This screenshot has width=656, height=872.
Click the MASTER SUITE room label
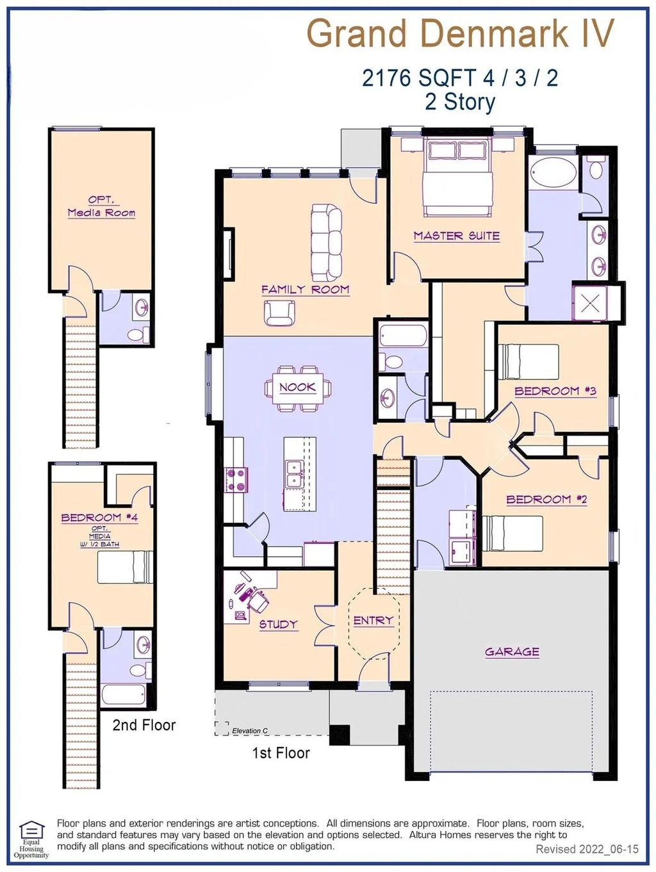pyautogui.click(x=457, y=236)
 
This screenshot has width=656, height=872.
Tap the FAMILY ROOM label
pyautogui.click(x=306, y=290)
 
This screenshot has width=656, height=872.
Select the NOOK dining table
pyautogui.click(x=298, y=388)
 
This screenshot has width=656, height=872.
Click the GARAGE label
pyautogui.click(x=512, y=652)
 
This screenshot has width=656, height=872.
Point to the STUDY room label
pyautogui.click(x=279, y=624)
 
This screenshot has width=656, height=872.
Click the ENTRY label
pyautogui.click(x=373, y=620)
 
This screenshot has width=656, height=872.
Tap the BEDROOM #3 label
pyautogui.click(x=555, y=391)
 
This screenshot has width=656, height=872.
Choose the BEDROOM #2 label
pyautogui.click(x=547, y=499)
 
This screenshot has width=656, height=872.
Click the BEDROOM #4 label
pyautogui.click(x=100, y=518)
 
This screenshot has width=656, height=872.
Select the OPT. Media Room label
pyautogui.click(x=102, y=206)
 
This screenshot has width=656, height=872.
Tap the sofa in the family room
pyautogui.click(x=327, y=243)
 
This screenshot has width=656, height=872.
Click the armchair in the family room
pyautogui.click(x=279, y=313)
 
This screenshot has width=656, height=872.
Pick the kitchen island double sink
pyautogui.click(x=295, y=474)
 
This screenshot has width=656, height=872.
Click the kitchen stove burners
pyautogui.click(x=236, y=479)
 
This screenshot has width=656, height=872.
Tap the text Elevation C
pyautogui.click(x=250, y=731)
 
